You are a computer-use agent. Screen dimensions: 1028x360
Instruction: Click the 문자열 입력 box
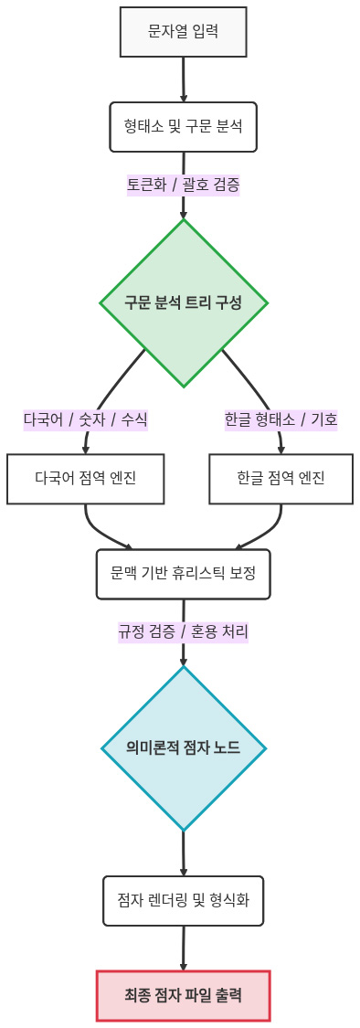184,32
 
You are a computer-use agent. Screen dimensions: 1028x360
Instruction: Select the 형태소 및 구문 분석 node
184,126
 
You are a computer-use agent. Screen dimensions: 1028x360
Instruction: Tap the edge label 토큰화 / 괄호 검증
184,185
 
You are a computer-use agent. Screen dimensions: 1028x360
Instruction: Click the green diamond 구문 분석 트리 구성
184,302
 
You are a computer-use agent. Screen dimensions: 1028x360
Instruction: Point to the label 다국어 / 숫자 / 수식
86,419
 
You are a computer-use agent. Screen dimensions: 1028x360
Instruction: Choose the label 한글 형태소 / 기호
281,419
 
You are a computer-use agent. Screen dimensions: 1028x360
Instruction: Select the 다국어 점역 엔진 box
86,478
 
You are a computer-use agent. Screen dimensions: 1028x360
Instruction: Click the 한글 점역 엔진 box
281,478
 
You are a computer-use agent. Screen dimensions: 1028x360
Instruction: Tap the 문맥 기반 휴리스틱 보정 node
184,573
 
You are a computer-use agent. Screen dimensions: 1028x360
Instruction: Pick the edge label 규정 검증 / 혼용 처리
184,631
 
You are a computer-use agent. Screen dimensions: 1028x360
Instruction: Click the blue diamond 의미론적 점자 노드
184,748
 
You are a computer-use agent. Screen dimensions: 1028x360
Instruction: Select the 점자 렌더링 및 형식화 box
184,901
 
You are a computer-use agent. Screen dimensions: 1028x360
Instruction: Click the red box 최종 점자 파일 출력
184,995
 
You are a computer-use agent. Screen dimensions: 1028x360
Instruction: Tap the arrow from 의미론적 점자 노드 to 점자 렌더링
184,853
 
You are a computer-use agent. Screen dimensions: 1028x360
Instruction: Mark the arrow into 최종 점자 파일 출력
184,949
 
